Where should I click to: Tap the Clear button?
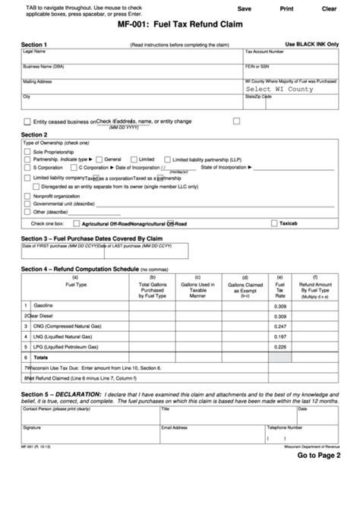329,8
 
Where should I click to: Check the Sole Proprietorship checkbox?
28,152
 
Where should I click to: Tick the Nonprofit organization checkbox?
28,195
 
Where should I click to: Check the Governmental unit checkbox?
28,204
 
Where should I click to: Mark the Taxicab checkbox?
274,224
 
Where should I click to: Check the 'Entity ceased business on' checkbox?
28,121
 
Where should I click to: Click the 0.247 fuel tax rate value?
279,325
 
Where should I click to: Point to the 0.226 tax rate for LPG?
279,346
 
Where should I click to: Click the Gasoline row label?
43,304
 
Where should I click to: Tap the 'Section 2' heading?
34,134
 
